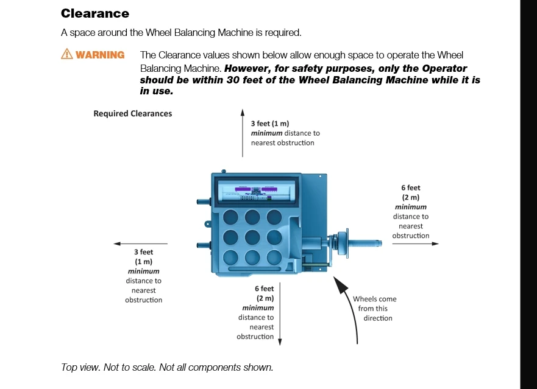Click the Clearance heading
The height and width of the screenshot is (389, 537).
pyautogui.click(x=95, y=13)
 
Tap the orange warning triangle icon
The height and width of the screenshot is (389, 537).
pyautogui.click(x=67, y=54)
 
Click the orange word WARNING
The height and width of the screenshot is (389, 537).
pyautogui.click(x=100, y=55)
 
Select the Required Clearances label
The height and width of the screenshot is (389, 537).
pyautogui.click(x=132, y=114)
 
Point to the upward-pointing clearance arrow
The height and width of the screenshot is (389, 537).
pyautogui.click(x=243, y=133)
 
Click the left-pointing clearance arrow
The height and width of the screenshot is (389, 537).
pyautogui.click(x=141, y=244)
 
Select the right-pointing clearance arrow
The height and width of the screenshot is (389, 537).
pyautogui.click(x=416, y=244)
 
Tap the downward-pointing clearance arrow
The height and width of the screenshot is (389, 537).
pyautogui.click(x=280, y=314)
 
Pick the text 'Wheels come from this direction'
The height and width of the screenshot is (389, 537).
pyautogui.click(x=375, y=309)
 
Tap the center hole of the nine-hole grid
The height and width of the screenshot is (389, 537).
pyautogui.click(x=252, y=237)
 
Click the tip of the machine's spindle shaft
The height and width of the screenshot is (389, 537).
pyautogui.click(x=380, y=243)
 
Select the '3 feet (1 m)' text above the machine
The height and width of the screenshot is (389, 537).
pyautogui.click(x=270, y=124)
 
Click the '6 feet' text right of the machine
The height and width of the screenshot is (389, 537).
pyautogui.click(x=411, y=188)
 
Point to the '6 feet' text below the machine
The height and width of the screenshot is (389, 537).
pyautogui.click(x=264, y=289)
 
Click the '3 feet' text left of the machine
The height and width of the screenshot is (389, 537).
pyautogui.click(x=143, y=252)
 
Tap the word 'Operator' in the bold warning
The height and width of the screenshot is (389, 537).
pyautogui.click(x=444, y=68)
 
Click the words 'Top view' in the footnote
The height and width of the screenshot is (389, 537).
pyautogui.click(x=80, y=368)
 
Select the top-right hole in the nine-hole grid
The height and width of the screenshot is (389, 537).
pyautogui.click(x=274, y=217)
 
